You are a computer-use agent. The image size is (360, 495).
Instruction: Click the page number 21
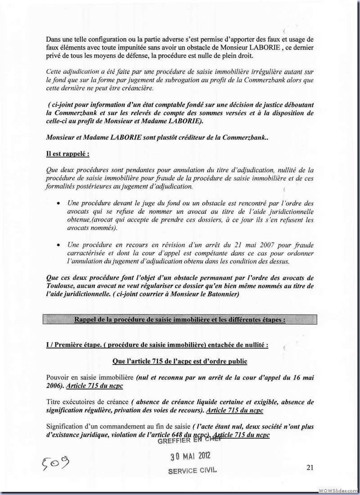pos(309,468)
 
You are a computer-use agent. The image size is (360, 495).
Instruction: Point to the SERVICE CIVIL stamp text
pos(192,471)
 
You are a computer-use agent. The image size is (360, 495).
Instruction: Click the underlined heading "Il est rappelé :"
pos(68,153)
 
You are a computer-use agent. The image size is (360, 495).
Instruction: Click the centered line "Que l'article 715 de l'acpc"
pos(180,361)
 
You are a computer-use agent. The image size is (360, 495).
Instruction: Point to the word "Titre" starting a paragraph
pos(54,401)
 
